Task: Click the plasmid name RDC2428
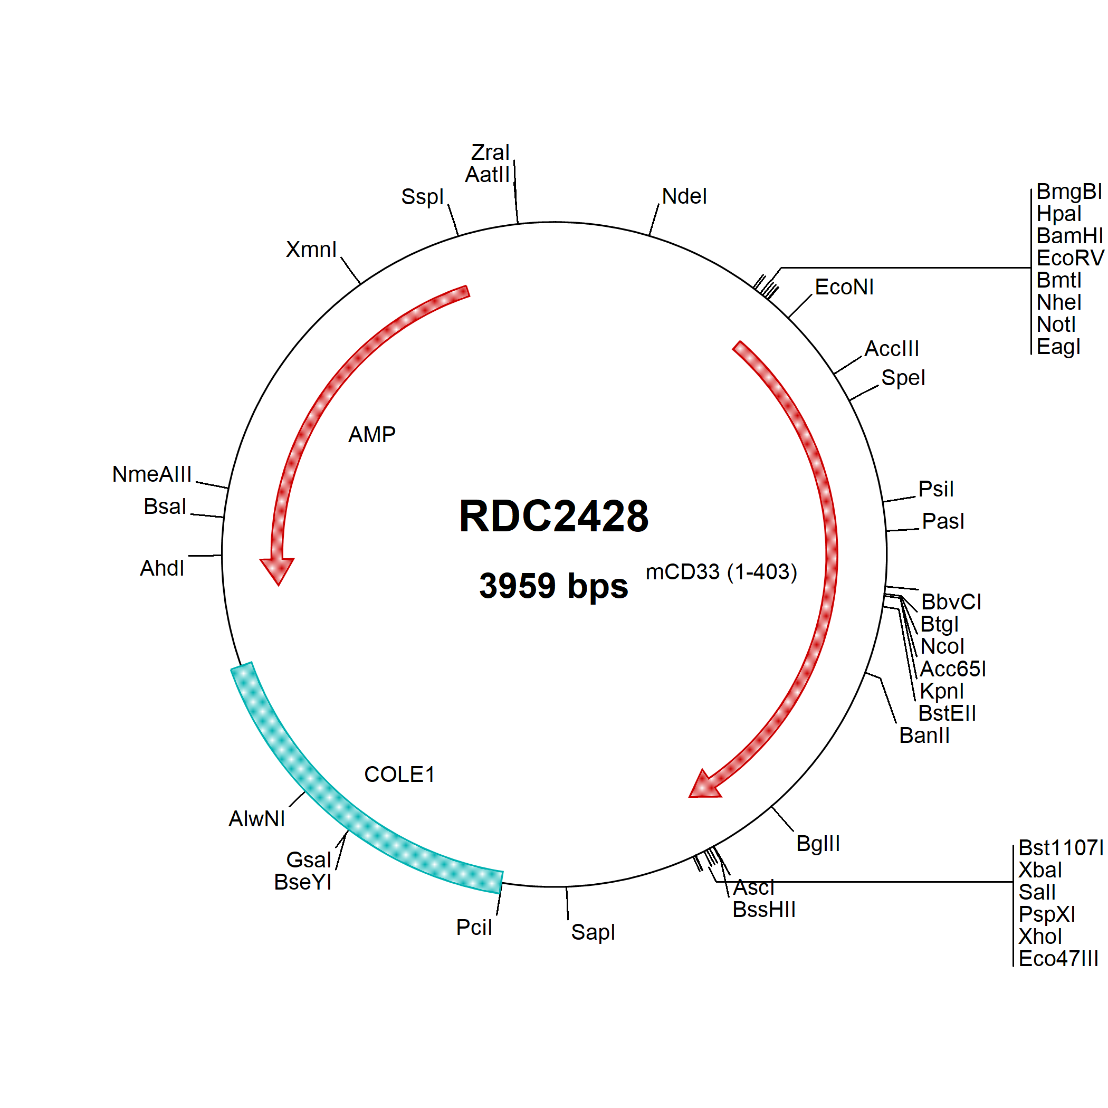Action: (553, 515)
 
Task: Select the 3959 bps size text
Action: (553, 586)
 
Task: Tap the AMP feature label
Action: (371, 434)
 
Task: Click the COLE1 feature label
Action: (399, 774)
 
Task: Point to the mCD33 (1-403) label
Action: (721, 572)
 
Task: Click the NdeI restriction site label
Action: (684, 196)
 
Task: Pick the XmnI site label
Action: (311, 250)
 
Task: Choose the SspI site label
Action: (422, 197)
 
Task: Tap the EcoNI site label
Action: (844, 286)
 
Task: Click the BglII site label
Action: (818, 843)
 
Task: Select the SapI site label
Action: (593, 932)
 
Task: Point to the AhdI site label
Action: (162, 568)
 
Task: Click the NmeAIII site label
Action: (152, 474)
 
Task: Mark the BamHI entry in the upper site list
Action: (1069, 236)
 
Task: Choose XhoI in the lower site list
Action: (1040, 936)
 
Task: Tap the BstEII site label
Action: (947, 713)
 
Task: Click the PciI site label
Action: (474, 928)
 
